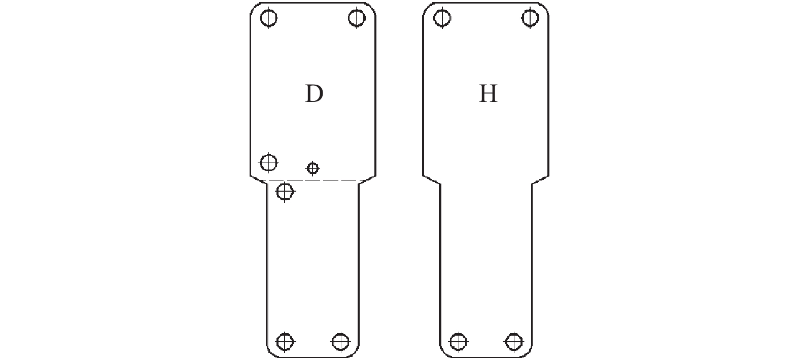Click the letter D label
tap(314, 94)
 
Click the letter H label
tap(488, 94)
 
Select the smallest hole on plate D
tap(312, 167)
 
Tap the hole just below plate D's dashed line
tap(285, 191)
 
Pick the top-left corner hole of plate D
tap(268, 18)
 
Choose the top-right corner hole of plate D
tap(357, 18)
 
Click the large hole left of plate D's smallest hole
tap(268, 162)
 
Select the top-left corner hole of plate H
tap(442, 18)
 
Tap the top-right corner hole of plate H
tap(530, 18)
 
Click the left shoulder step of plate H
tap(432, 179)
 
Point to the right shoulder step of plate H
tap(540, 179)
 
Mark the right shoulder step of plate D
tap(367, 179)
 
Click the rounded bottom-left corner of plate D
tap(271, 352)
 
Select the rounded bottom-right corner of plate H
tap(528, 352)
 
